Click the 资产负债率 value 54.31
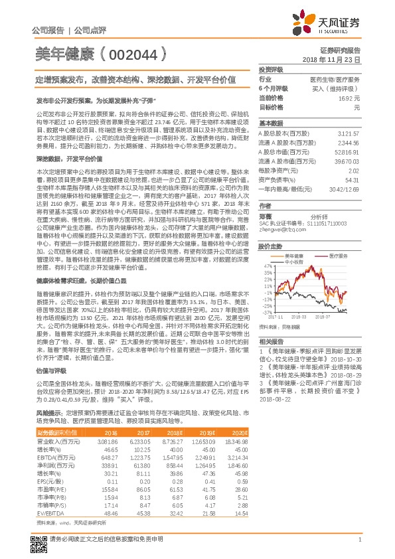click(x=352, y=179)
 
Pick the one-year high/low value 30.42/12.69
click(x=345, y=189)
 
